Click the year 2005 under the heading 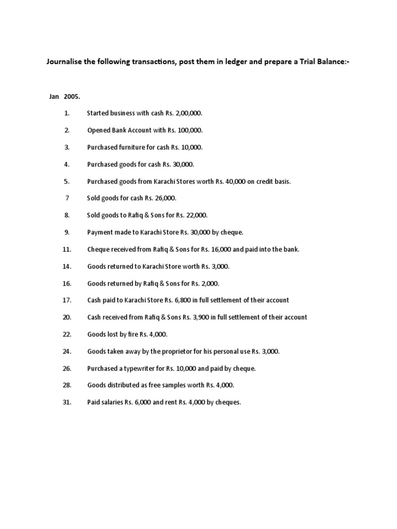[72, 97]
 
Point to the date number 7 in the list [67, 198]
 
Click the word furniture [137, 147]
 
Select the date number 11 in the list [67, 249]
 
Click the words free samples [172, 385]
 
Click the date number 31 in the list [67, 402]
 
